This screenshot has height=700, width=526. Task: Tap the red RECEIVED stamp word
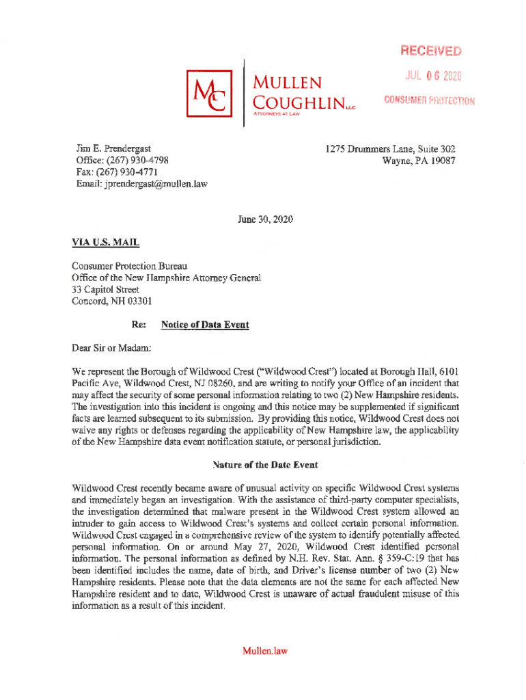431,52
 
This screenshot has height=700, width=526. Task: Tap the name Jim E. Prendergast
113,148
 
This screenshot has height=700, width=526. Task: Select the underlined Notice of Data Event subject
204,325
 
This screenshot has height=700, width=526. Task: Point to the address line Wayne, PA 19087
419,161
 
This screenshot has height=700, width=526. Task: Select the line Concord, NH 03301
112,301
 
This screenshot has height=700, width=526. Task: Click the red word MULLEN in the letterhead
287,83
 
